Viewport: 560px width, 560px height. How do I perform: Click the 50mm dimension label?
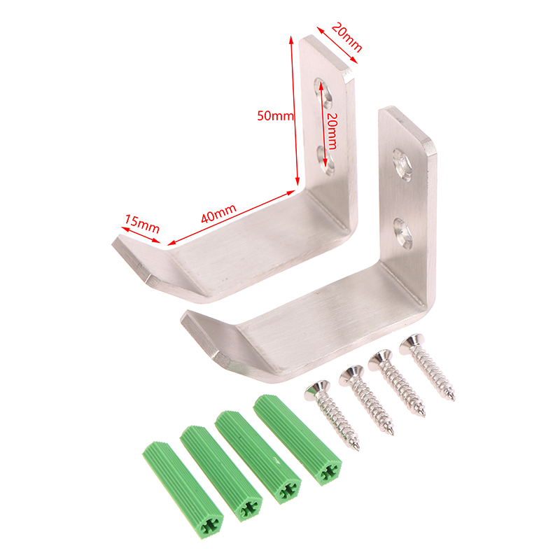tap(275, 115)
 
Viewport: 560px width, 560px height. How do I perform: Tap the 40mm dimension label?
tap(218, 213)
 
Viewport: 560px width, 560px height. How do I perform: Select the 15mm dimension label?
tap(142, 223)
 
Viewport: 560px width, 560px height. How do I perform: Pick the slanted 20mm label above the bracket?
tap(346, 37)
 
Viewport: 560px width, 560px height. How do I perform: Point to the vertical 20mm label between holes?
tap(332, 131)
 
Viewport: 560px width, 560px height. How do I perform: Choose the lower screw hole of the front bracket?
tap(403, 234)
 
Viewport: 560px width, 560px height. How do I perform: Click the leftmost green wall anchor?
tap(183, 490)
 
